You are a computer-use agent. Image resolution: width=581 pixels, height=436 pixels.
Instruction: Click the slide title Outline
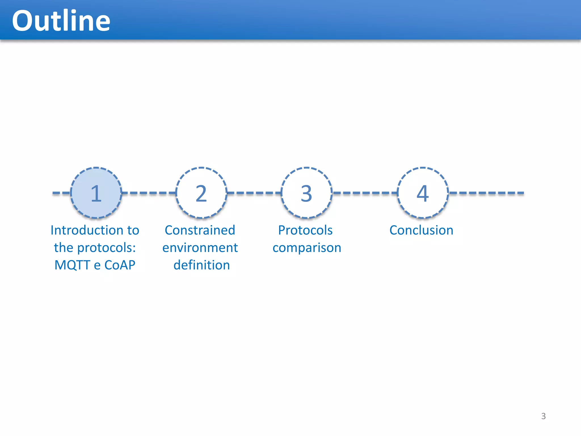click(x=61, y=20)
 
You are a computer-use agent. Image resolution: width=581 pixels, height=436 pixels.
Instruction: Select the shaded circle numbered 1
click(x=96, y=193)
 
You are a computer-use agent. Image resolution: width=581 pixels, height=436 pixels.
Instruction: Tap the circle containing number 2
click(x=201, y=193)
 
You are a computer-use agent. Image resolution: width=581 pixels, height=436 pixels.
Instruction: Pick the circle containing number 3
click(x=306, y=193)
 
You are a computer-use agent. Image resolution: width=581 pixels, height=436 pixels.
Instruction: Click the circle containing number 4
click(x=423, y=193)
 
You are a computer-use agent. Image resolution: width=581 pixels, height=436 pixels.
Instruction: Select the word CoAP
click(x=120, y=265)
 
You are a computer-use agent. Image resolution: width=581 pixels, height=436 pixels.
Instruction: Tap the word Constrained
click(x=200, y=230)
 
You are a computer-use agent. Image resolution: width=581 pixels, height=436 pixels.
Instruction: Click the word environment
click(x=200, y=248)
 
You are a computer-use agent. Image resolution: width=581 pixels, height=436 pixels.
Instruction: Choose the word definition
click(x=201, y=265)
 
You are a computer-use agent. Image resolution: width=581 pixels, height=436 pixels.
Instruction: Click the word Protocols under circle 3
click(x=305, y=230)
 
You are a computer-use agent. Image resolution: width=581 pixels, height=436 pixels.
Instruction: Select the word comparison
click(x=307, y=248)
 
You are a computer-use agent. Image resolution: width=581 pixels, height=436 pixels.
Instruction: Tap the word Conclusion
click(x=421, y=230)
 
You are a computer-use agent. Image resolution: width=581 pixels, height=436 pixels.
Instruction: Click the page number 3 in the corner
click(x=543, y=416)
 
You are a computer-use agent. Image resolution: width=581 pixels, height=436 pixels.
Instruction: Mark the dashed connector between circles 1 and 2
click(x=149, y=193)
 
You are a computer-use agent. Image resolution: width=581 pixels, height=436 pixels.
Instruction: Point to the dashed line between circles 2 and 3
click(x=254, y=193)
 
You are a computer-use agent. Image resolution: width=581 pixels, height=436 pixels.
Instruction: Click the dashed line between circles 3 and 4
click(x=365, y=193)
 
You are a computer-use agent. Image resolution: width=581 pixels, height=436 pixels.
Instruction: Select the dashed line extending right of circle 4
click(x=487, y=193)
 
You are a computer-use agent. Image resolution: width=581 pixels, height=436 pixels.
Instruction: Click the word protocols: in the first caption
click(x=106, y=248)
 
